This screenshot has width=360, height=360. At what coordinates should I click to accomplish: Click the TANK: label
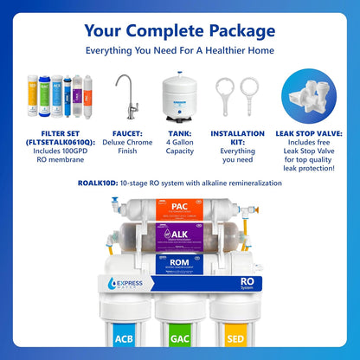(179, 134)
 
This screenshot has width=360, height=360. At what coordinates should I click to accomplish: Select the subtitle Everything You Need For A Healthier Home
(180, 51)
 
